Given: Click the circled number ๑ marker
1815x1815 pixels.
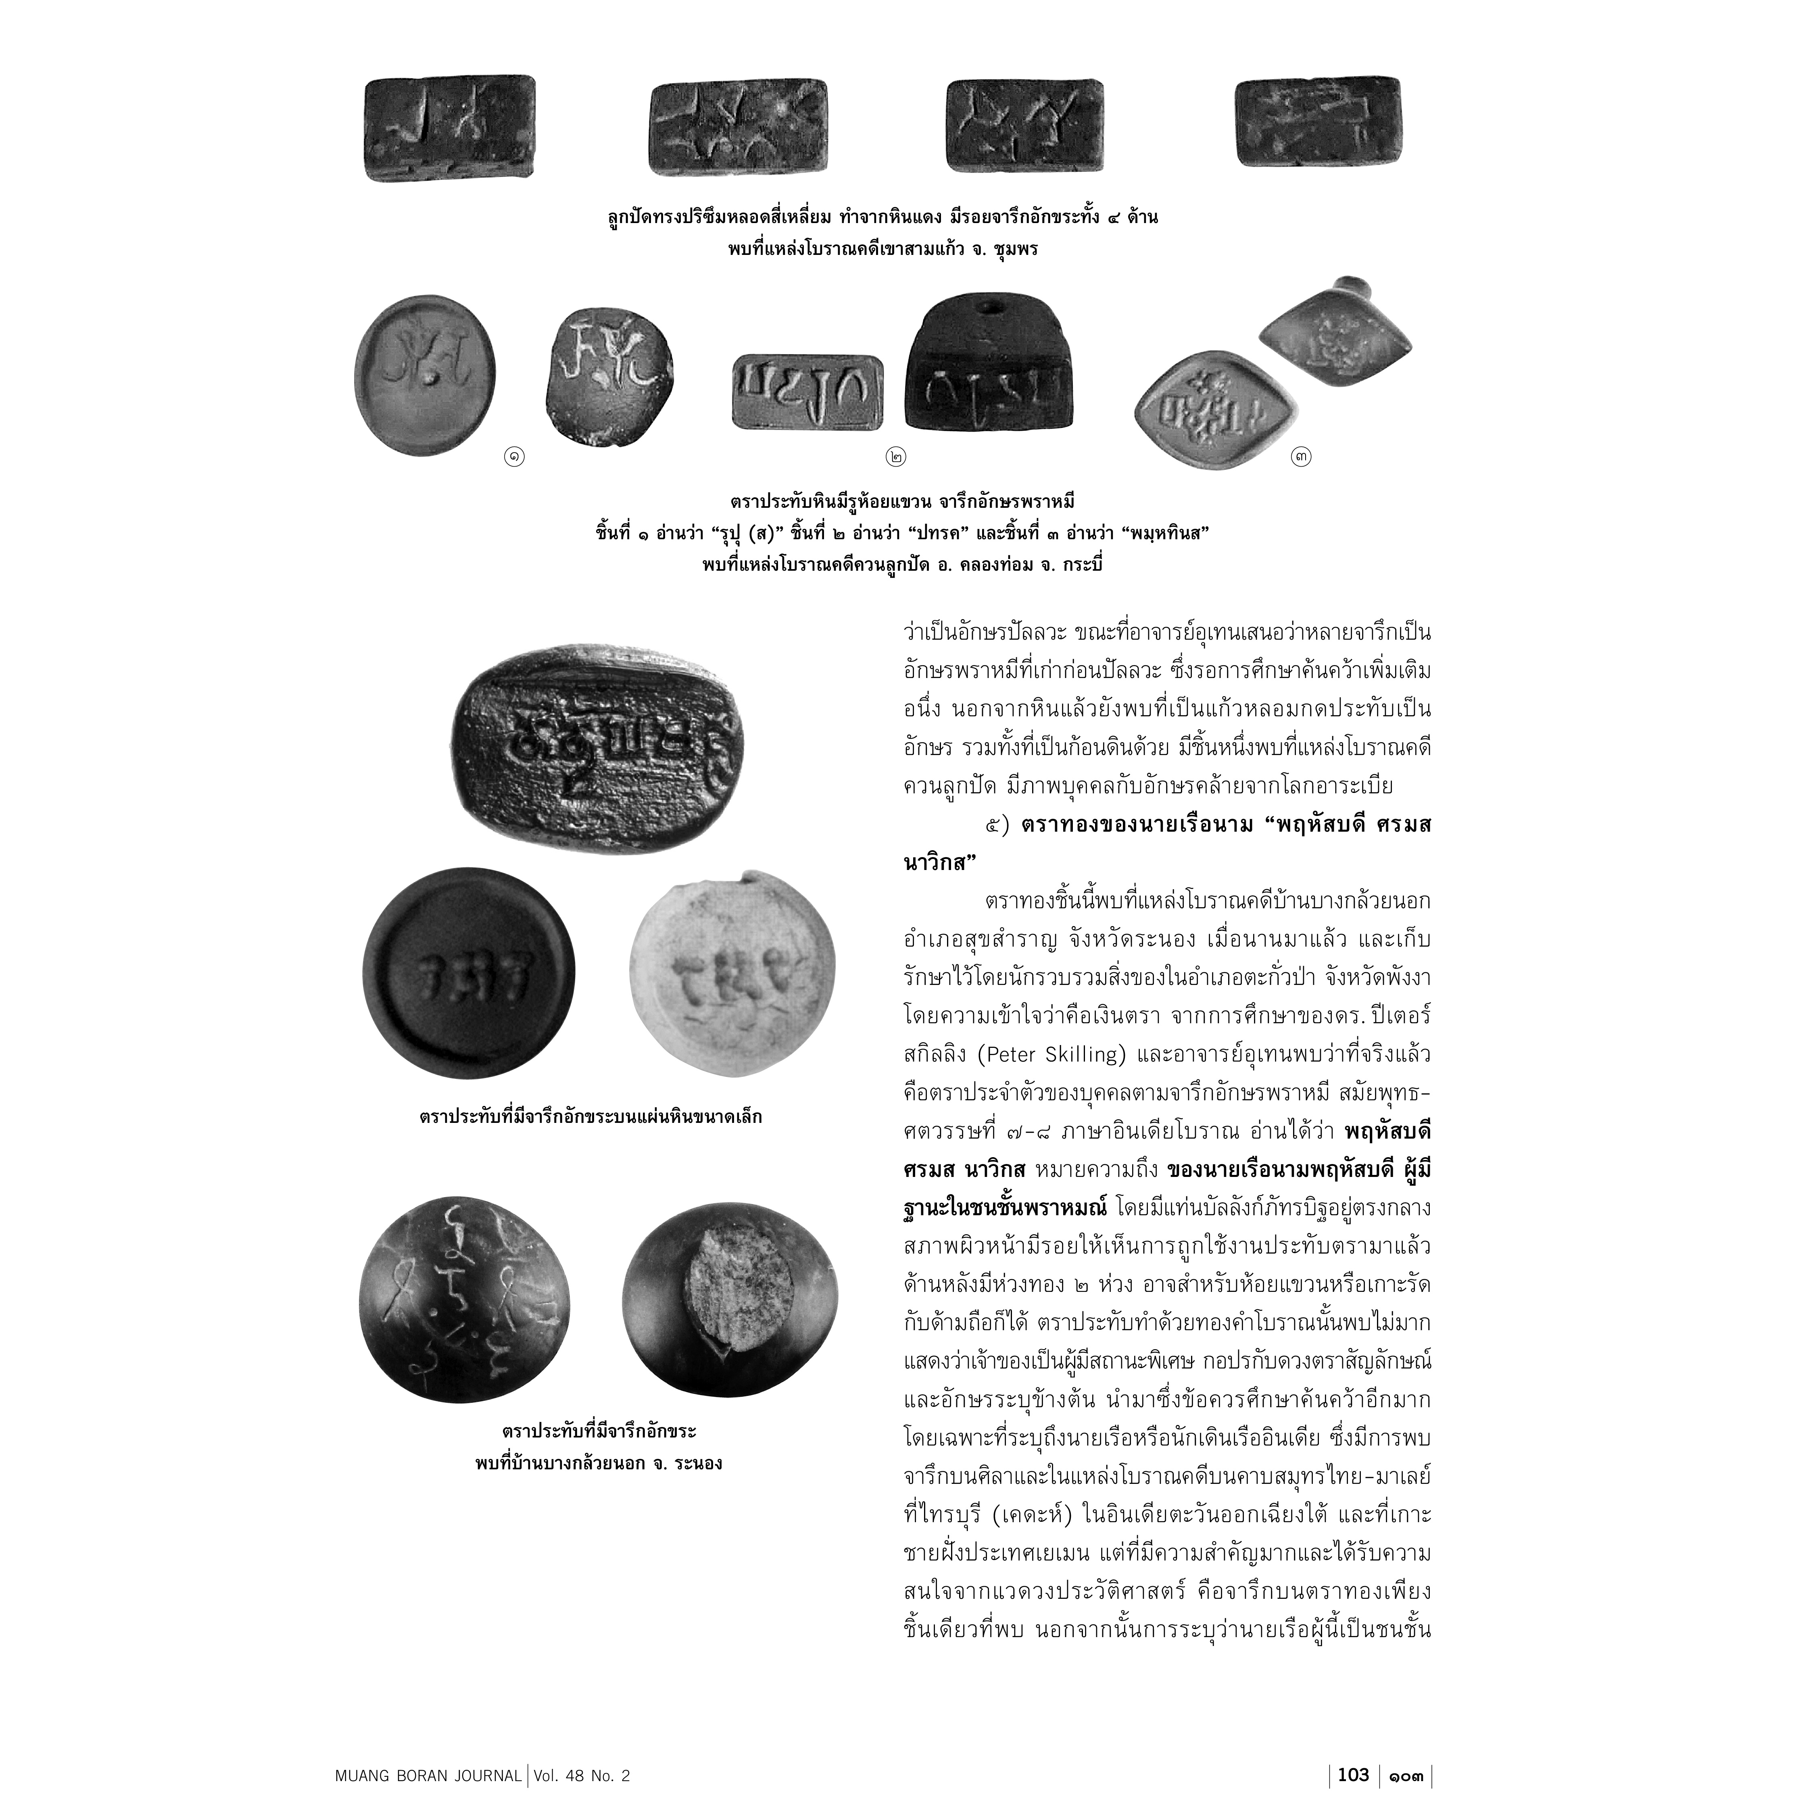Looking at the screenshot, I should [515, 457].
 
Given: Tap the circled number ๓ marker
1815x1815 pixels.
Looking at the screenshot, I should [1301, 457].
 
